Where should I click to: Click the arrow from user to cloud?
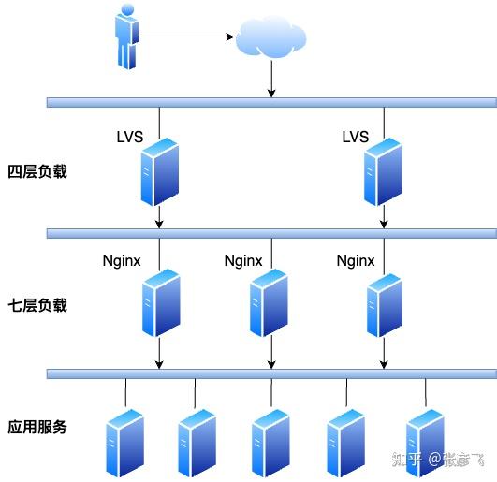(186, 37)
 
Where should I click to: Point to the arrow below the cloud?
(271, 80)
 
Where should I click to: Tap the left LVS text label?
(130, 138)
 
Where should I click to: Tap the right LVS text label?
(356, 138)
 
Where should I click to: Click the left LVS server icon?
(159, 171)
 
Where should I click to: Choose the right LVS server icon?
(383, 171)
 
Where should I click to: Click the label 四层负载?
(37, 172)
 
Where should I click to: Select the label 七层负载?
(37, 305)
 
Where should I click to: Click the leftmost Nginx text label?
(122, 260)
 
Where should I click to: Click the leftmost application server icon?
(124, 442)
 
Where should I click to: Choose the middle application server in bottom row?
(271, 442)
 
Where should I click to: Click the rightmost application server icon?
(425, 442)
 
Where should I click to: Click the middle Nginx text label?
(243, 260)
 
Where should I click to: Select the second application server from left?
(197, 442)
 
